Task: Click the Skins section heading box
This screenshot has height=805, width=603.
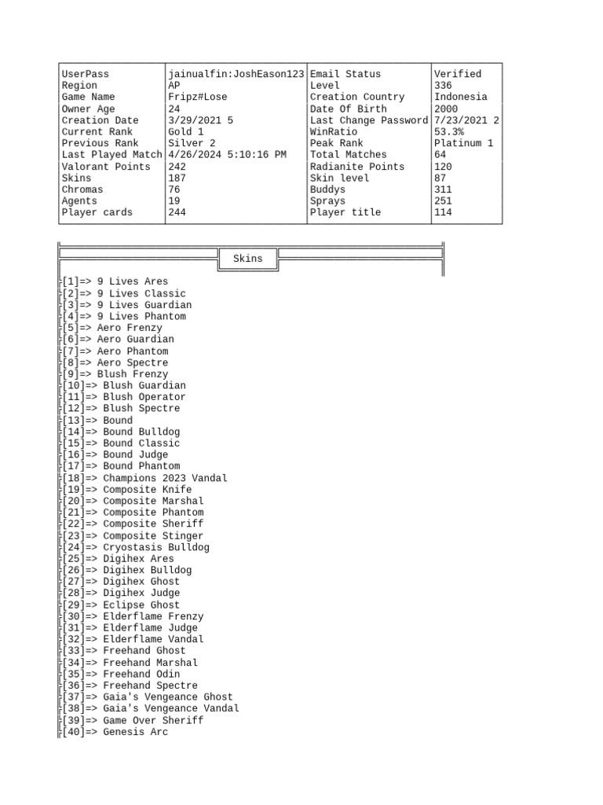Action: (248, 259)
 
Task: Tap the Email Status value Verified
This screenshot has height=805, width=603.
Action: (457, 74)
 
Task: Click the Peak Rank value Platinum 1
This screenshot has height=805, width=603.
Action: (463, 143)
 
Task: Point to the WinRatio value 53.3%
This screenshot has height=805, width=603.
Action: (448, 132)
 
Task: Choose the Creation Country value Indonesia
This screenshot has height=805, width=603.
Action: (460, 97)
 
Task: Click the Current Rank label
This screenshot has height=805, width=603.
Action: (97, 132)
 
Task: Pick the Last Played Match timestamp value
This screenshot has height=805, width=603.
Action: (227, 155)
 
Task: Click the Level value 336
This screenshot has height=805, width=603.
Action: (443, 86)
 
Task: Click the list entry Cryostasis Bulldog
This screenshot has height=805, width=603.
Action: (156, 547)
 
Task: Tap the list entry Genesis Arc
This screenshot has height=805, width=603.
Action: (135, 732)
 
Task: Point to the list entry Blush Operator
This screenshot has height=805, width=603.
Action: (144, 397)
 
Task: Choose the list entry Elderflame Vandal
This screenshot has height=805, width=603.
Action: (153, 639)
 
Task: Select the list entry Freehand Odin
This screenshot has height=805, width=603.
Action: (141, 674)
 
